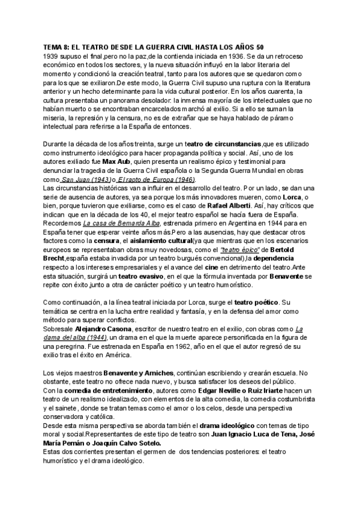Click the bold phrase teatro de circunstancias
point(223,145)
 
